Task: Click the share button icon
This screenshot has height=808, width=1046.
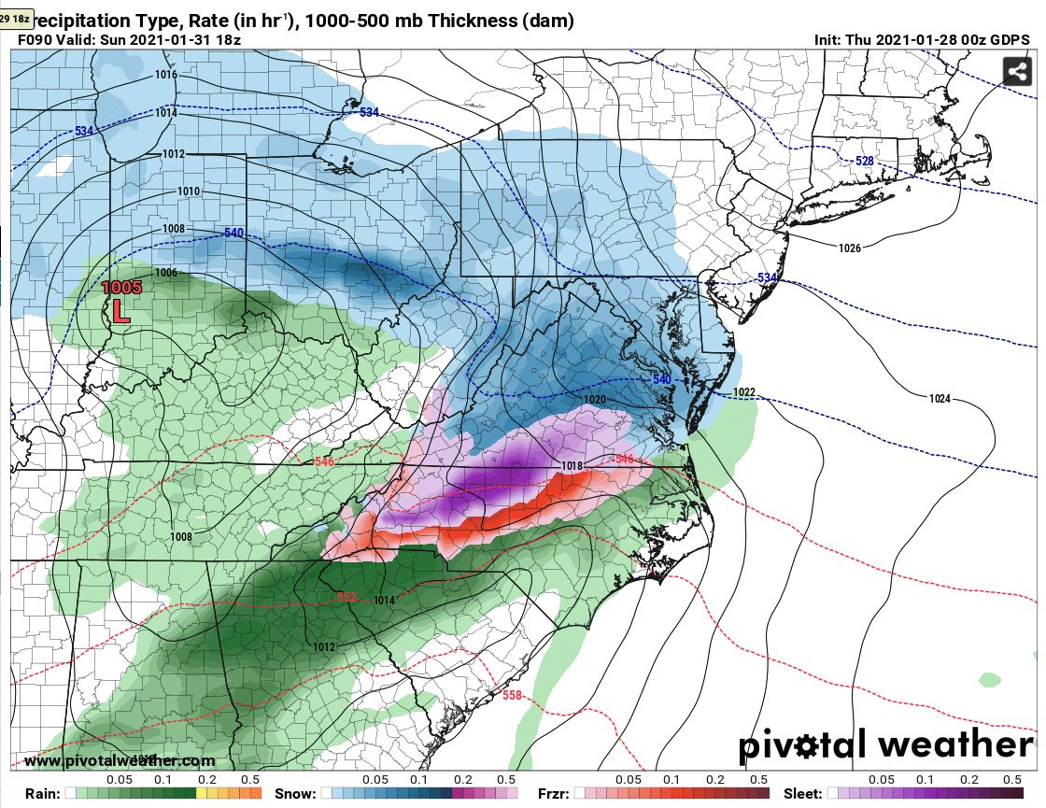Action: coord(1016,71)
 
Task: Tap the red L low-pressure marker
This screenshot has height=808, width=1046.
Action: coord(120,311)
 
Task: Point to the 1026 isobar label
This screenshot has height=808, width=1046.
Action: coord(850,248)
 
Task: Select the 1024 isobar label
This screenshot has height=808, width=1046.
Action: coord(940,399)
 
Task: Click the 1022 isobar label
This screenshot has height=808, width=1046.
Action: coord(744,391)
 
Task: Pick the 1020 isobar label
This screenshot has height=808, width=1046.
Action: coord(595,400)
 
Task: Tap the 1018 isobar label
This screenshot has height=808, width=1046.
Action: coord(572,466)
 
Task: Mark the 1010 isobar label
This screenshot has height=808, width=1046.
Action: coord(189,191)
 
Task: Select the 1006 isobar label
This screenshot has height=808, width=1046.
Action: coord(166,273)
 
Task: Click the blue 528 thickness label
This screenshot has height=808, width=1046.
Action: coord(865,162)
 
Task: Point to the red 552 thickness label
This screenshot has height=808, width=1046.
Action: coord(346,597)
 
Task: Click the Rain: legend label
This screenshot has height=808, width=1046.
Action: coord(37,793)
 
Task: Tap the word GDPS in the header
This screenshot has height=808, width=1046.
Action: coord(1009,40)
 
